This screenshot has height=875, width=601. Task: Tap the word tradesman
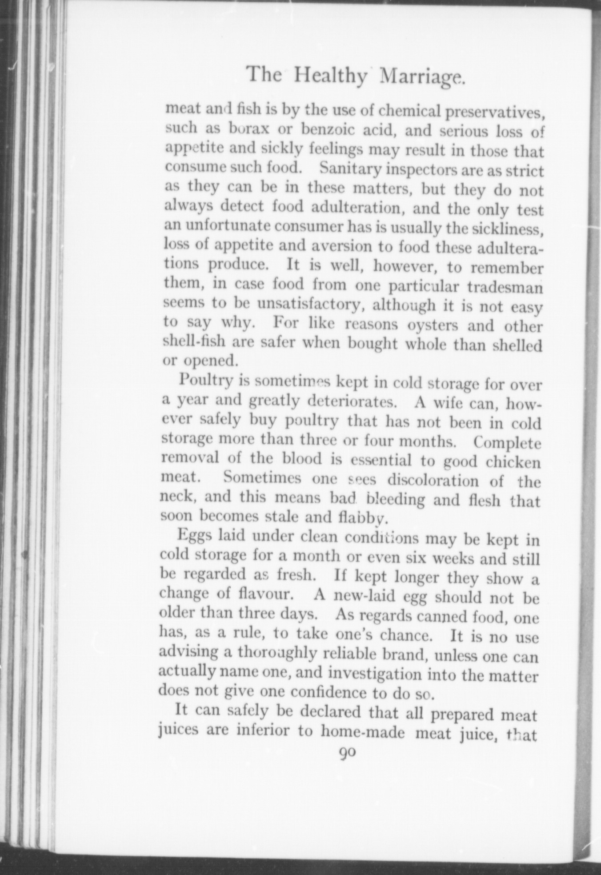(504, 287)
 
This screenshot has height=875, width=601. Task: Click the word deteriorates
(349, 401)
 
